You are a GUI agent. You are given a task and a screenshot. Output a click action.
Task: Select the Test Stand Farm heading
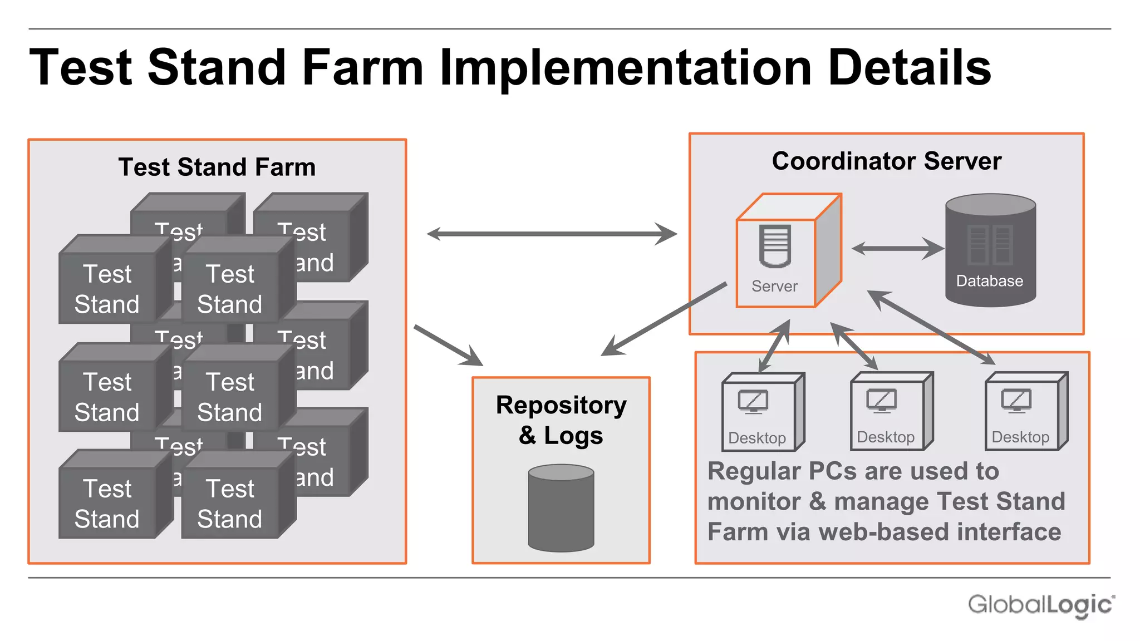[217, 167]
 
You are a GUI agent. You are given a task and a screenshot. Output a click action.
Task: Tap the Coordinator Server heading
[886, 161]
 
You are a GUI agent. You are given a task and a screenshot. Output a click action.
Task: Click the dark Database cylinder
[990, 250]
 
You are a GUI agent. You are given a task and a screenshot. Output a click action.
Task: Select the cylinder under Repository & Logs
[561, 507]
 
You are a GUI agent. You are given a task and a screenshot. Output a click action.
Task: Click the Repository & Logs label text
[561, 420]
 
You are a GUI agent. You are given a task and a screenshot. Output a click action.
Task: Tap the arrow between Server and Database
[897, 248]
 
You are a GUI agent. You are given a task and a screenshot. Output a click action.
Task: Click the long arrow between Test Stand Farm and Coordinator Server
[551, 234]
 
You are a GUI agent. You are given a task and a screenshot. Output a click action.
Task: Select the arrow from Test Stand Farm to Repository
[448, 346]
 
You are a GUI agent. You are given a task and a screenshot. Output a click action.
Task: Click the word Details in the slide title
[909, 67]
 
